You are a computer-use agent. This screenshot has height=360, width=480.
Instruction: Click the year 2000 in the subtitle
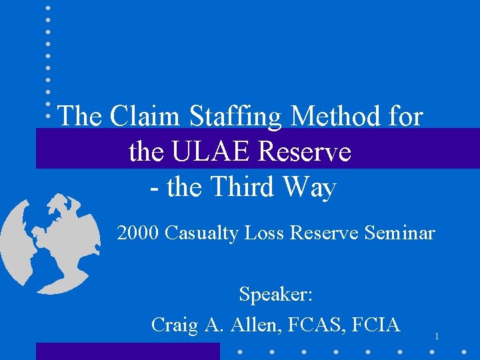(138, 233)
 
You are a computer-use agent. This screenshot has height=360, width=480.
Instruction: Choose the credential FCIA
(375, 325)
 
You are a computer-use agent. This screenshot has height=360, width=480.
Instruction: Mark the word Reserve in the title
(305, 152)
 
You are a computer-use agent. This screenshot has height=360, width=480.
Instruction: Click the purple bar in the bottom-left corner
(127, 351)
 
